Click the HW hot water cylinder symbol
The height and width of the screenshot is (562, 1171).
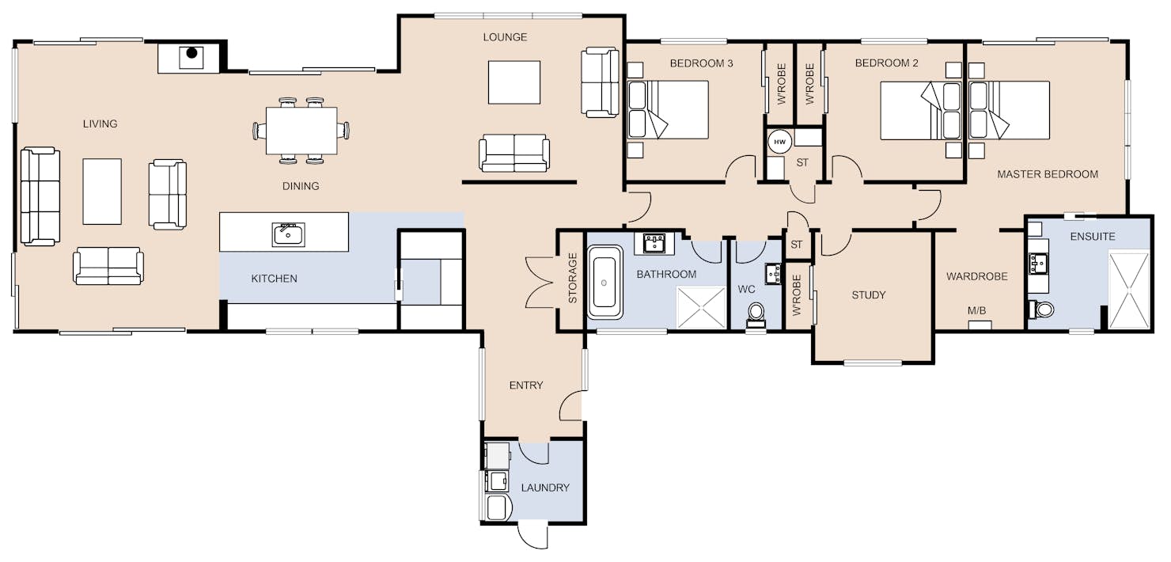779,142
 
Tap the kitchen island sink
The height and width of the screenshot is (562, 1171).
289,235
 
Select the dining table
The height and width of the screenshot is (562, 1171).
301,131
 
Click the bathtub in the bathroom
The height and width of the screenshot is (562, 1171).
604,283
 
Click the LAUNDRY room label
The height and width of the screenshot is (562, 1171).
545,488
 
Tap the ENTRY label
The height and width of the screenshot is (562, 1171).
526,385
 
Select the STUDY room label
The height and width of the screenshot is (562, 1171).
869,295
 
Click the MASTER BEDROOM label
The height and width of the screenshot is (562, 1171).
1048,174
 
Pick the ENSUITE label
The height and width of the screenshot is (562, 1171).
1093,237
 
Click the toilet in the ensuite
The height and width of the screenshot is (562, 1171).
1040,309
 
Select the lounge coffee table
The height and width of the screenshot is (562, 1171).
514,82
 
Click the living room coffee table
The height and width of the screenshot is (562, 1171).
102,192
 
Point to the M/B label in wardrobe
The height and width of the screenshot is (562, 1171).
976,310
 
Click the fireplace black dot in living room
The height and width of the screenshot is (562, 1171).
191,53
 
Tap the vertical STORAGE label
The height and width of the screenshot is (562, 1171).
572,278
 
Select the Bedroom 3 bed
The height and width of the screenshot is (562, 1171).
668,110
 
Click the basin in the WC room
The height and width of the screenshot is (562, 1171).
773,274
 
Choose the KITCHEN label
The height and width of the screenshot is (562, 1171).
274,279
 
